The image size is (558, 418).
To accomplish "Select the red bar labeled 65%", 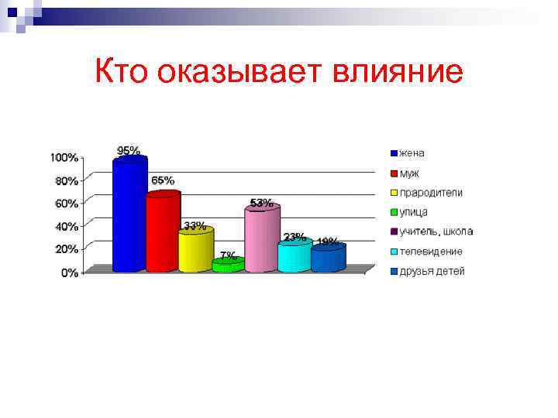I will (163, 232).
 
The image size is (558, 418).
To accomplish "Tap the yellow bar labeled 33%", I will (195, 250).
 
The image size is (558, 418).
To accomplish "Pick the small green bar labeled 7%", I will (228, 266).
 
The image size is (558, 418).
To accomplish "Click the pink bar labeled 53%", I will (261, 240).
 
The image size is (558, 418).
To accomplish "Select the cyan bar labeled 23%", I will (294, 257).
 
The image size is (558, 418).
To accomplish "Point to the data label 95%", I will (129, 150).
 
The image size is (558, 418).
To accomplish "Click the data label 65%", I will (162, 180).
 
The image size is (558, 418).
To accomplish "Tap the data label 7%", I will (228, 255).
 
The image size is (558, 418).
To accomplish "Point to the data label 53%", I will (261, 203).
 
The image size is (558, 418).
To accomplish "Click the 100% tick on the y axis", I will (64, 157).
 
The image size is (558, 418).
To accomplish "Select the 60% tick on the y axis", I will (66, 204).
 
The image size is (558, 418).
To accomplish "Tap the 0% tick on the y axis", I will (69, 272).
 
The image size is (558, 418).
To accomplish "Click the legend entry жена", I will (412, 152).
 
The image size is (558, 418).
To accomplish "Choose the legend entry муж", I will (409, 173).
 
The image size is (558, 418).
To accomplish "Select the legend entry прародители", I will (431, 192).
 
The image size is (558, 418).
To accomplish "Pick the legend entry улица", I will (414, 212).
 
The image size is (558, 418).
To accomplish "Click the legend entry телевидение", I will (431, 252).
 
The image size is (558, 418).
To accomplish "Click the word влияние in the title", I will (398, 72).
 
